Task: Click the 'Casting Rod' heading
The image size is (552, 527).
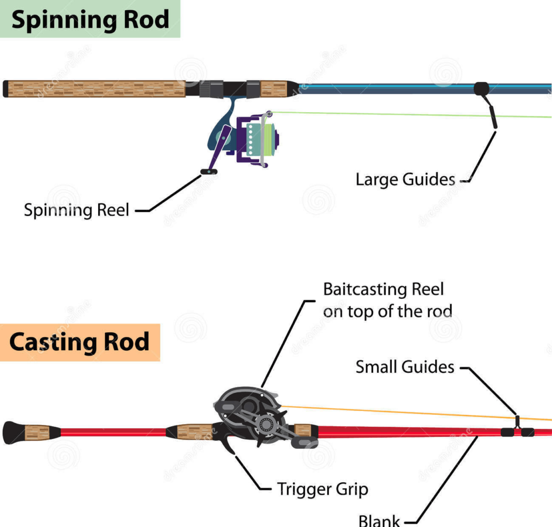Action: (79, 342)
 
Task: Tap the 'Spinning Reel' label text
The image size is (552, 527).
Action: (77, 210)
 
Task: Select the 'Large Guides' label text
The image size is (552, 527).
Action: (405, 180)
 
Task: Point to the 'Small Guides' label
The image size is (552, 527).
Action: (405, 367)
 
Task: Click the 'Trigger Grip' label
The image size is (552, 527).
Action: (322, 489)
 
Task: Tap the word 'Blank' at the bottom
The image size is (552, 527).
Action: (379, 521)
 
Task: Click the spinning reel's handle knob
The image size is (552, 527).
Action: (209, 172)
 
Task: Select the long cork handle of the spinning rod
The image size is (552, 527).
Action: (94, 89)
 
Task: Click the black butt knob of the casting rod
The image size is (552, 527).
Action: (12, 433)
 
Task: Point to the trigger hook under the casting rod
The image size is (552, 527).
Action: (229, 444)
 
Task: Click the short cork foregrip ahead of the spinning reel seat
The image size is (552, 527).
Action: (274, 88)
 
